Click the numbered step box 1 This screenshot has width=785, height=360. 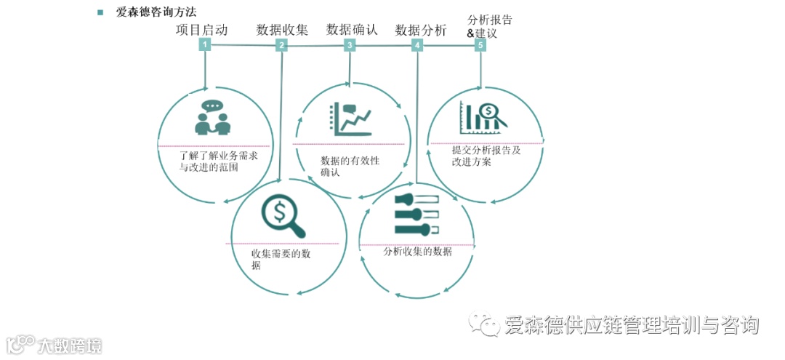206,44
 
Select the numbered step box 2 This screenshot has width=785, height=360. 281,45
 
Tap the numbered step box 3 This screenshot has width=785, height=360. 350,45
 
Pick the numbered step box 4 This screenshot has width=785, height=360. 417,45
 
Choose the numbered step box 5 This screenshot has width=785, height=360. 480,45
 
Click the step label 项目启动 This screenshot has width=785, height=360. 202,30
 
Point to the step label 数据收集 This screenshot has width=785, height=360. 282,30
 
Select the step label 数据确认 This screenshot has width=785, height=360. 352,30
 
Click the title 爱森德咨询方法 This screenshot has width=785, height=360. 156,12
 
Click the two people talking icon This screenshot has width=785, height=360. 212,119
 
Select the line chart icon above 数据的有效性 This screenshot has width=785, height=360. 351,119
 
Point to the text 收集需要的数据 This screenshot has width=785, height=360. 281,260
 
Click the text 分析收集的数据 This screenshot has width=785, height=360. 417,252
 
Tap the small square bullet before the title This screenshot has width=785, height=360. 100,12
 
